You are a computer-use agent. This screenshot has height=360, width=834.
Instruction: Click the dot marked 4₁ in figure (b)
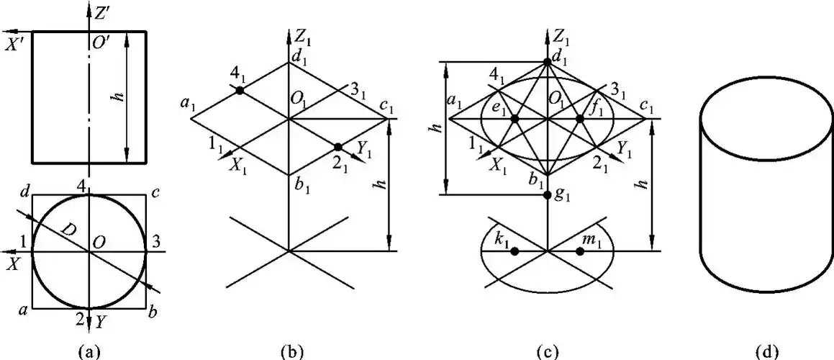pos(240,91)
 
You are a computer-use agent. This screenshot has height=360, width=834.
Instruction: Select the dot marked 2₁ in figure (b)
pos(338,147)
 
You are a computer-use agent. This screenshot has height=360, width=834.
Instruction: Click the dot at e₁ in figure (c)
pos(515,118)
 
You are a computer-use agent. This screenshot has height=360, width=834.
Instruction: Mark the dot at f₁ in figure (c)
pos(580,118)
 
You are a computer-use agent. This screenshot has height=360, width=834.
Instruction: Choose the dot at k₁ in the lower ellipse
pos(515,251)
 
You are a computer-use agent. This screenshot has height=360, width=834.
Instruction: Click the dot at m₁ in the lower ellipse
pos(580,251)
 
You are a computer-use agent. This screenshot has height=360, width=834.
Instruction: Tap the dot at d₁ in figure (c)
pos(548,63)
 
